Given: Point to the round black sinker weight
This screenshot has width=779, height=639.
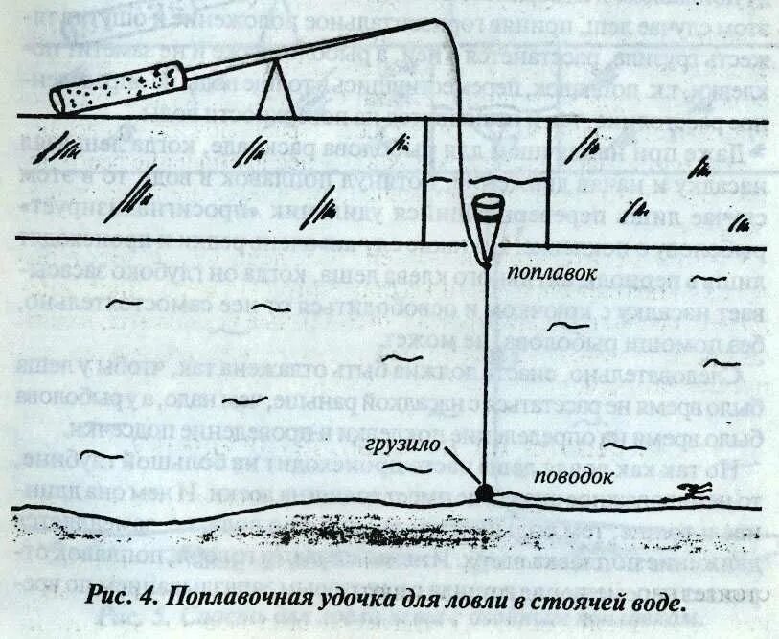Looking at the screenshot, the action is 484,491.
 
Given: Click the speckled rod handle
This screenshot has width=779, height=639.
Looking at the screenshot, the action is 119,85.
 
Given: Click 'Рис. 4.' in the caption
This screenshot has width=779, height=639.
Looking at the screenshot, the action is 120,598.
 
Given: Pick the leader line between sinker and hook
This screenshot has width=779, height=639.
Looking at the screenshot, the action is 584,495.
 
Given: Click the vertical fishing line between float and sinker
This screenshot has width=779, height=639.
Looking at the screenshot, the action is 485,383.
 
